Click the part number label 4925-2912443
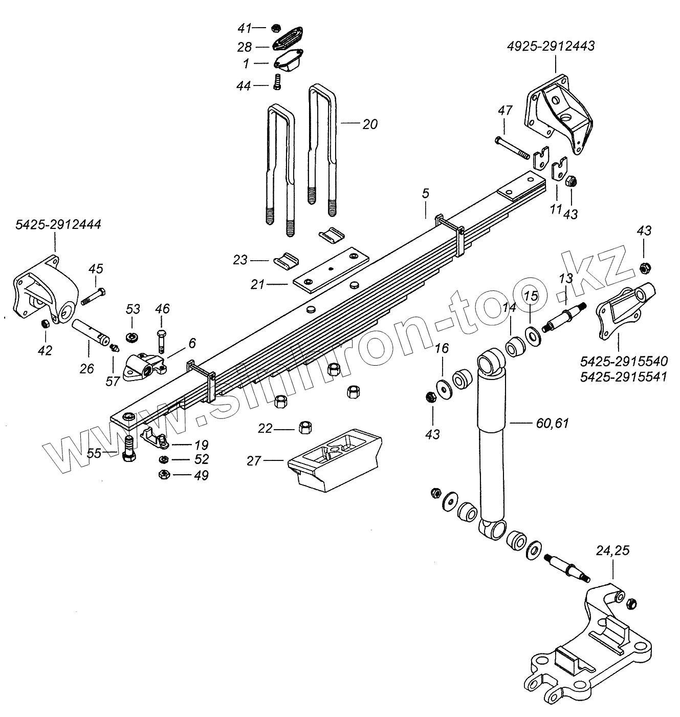pyautogui.click(x=551, y=47)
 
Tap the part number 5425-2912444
pyautogui.click(x=58, y=224)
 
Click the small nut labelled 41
pyautogui.click(x=275, y=28)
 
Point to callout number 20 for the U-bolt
pyautogui.click(x=369, y=124)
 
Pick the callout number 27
pyautogui.click(x=254, y=461)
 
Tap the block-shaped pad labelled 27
pyautogui.click(x=335, y=458)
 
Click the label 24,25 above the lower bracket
pyautogui.click(x=612, y=551)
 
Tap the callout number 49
pyautogui.click(x=201, y=475)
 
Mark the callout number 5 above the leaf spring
pyautogui.click(x=425, y=194)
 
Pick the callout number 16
pyautogui.click(x=441, y=349)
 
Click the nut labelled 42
pyautogui.click(x=45, y=324)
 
